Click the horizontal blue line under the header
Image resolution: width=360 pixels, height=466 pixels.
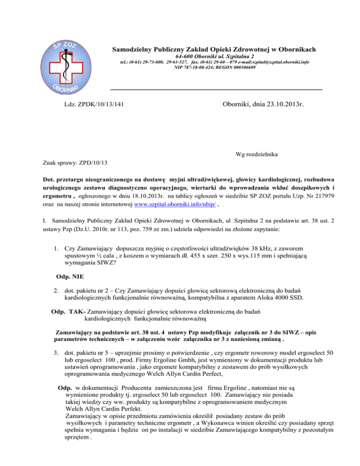(x=216, y=89)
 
